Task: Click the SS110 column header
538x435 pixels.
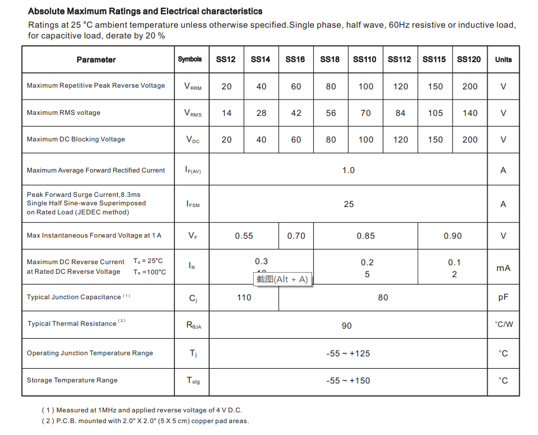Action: click(365, 59)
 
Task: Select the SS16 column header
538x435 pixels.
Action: click(295, 59)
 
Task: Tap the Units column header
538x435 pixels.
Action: click(503, 59)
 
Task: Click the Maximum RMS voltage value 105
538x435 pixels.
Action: click(435, 113)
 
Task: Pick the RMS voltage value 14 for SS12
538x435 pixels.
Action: click(227, 113)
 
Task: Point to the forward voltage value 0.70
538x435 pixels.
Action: click(296, 236)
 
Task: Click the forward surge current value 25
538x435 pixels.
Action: click(348, 204)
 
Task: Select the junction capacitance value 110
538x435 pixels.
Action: click(244, 298)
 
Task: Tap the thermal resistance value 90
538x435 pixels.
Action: click(347, 326)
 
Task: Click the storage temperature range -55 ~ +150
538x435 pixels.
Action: click(348, 381)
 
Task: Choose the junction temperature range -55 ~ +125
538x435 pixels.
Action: click(348, 354)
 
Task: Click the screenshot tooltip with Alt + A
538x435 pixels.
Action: click(282, 279)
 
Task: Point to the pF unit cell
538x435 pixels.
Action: click(503, 298)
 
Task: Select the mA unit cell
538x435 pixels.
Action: click(503, 268)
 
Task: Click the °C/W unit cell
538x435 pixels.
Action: click(503, 325)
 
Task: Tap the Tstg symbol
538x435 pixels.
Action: click(193, 381)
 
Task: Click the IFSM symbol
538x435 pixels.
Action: click(193, 204)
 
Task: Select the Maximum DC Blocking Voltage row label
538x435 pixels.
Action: click(76, 139)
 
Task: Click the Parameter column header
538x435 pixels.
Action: click(96, 60)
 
